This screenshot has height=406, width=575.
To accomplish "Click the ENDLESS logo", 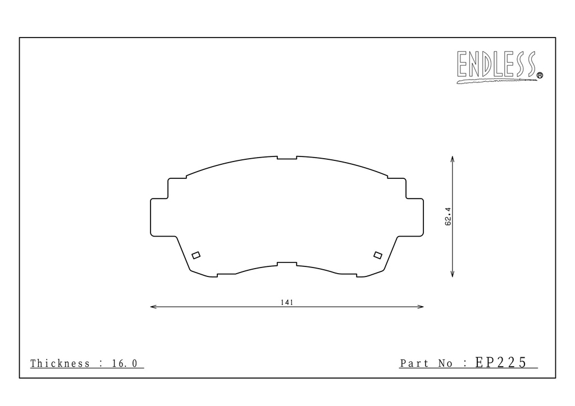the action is [499, 67].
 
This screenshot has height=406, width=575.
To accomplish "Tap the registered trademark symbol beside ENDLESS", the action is [540, 75].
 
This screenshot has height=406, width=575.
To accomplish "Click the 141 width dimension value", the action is [287, 302].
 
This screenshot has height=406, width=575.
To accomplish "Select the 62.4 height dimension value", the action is [448, 216].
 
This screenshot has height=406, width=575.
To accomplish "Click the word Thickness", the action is [60, 363].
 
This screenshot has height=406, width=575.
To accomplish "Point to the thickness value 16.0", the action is [125, 363].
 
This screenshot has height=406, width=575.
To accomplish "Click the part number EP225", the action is [501, 362].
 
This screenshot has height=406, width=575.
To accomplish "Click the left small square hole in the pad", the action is [196, 255].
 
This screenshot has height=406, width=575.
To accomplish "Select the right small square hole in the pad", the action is [378, 255].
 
